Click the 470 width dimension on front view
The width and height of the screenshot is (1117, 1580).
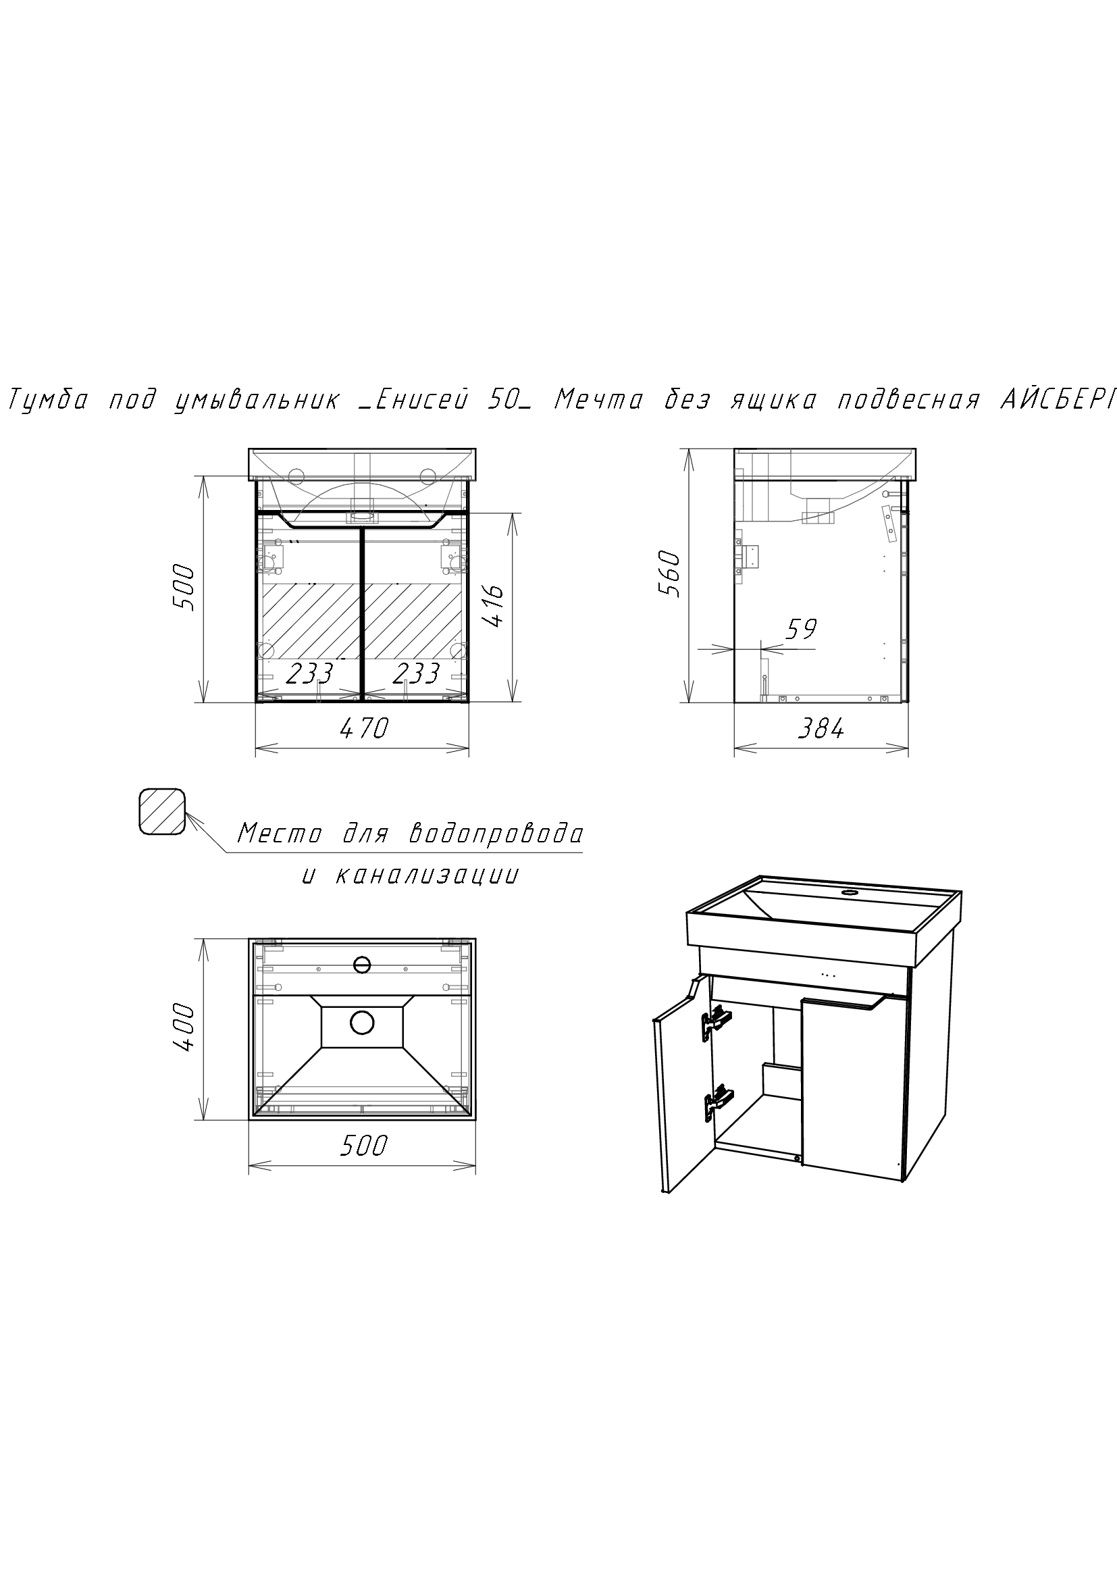[364, 728]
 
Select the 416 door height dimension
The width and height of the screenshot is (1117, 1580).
[494, 605]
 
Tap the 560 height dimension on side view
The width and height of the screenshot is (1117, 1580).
[668, 574]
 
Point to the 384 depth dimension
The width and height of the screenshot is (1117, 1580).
[821, 728]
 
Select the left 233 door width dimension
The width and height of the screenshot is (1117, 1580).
[309, 673]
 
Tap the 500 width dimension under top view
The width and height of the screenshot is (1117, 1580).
[364, 1145]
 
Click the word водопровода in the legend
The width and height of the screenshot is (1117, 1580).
[496, 834]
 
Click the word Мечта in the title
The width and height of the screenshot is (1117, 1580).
[598, 401]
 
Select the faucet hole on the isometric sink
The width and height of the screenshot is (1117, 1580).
[850, 894]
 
